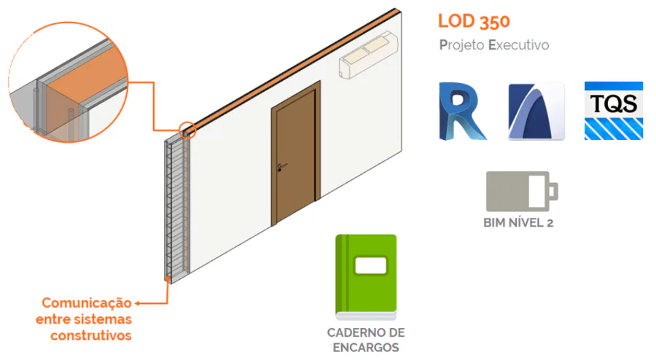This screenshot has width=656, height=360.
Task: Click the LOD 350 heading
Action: point(474,20)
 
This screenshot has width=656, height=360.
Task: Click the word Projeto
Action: point(461,45)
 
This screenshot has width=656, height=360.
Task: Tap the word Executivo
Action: point(518,45)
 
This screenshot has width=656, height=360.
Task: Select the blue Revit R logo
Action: point(462,111)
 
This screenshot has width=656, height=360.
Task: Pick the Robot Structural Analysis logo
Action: point(536,111)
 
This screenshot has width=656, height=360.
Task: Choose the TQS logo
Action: point(614,111)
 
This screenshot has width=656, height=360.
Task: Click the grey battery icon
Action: point(522,191)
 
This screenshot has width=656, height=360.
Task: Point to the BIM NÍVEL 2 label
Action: point(518,223)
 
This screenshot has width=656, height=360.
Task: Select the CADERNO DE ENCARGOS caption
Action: point(366,340)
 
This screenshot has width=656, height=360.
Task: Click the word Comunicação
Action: point(86,302)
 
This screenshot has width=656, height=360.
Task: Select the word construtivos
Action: point(91,335)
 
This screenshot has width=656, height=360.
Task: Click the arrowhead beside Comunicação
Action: point(138,302)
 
